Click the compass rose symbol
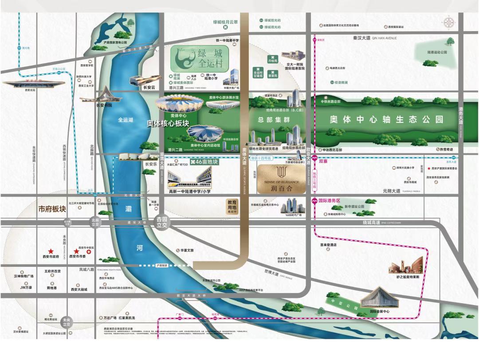(451, 23)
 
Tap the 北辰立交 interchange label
(95, 222)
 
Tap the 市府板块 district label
(52, 209)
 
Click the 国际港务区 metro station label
(329, 200)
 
